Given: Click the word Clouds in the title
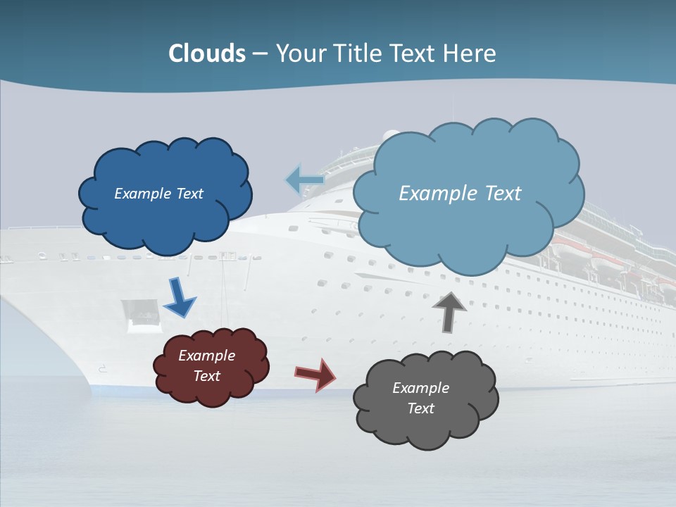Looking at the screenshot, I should tap(206, 54).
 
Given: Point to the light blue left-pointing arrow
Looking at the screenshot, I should tap(305, 180).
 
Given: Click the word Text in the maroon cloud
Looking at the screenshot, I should tap(207, 376).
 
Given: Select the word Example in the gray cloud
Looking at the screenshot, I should tap(420, 388).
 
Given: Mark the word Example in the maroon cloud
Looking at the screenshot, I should tap(207, 356).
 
